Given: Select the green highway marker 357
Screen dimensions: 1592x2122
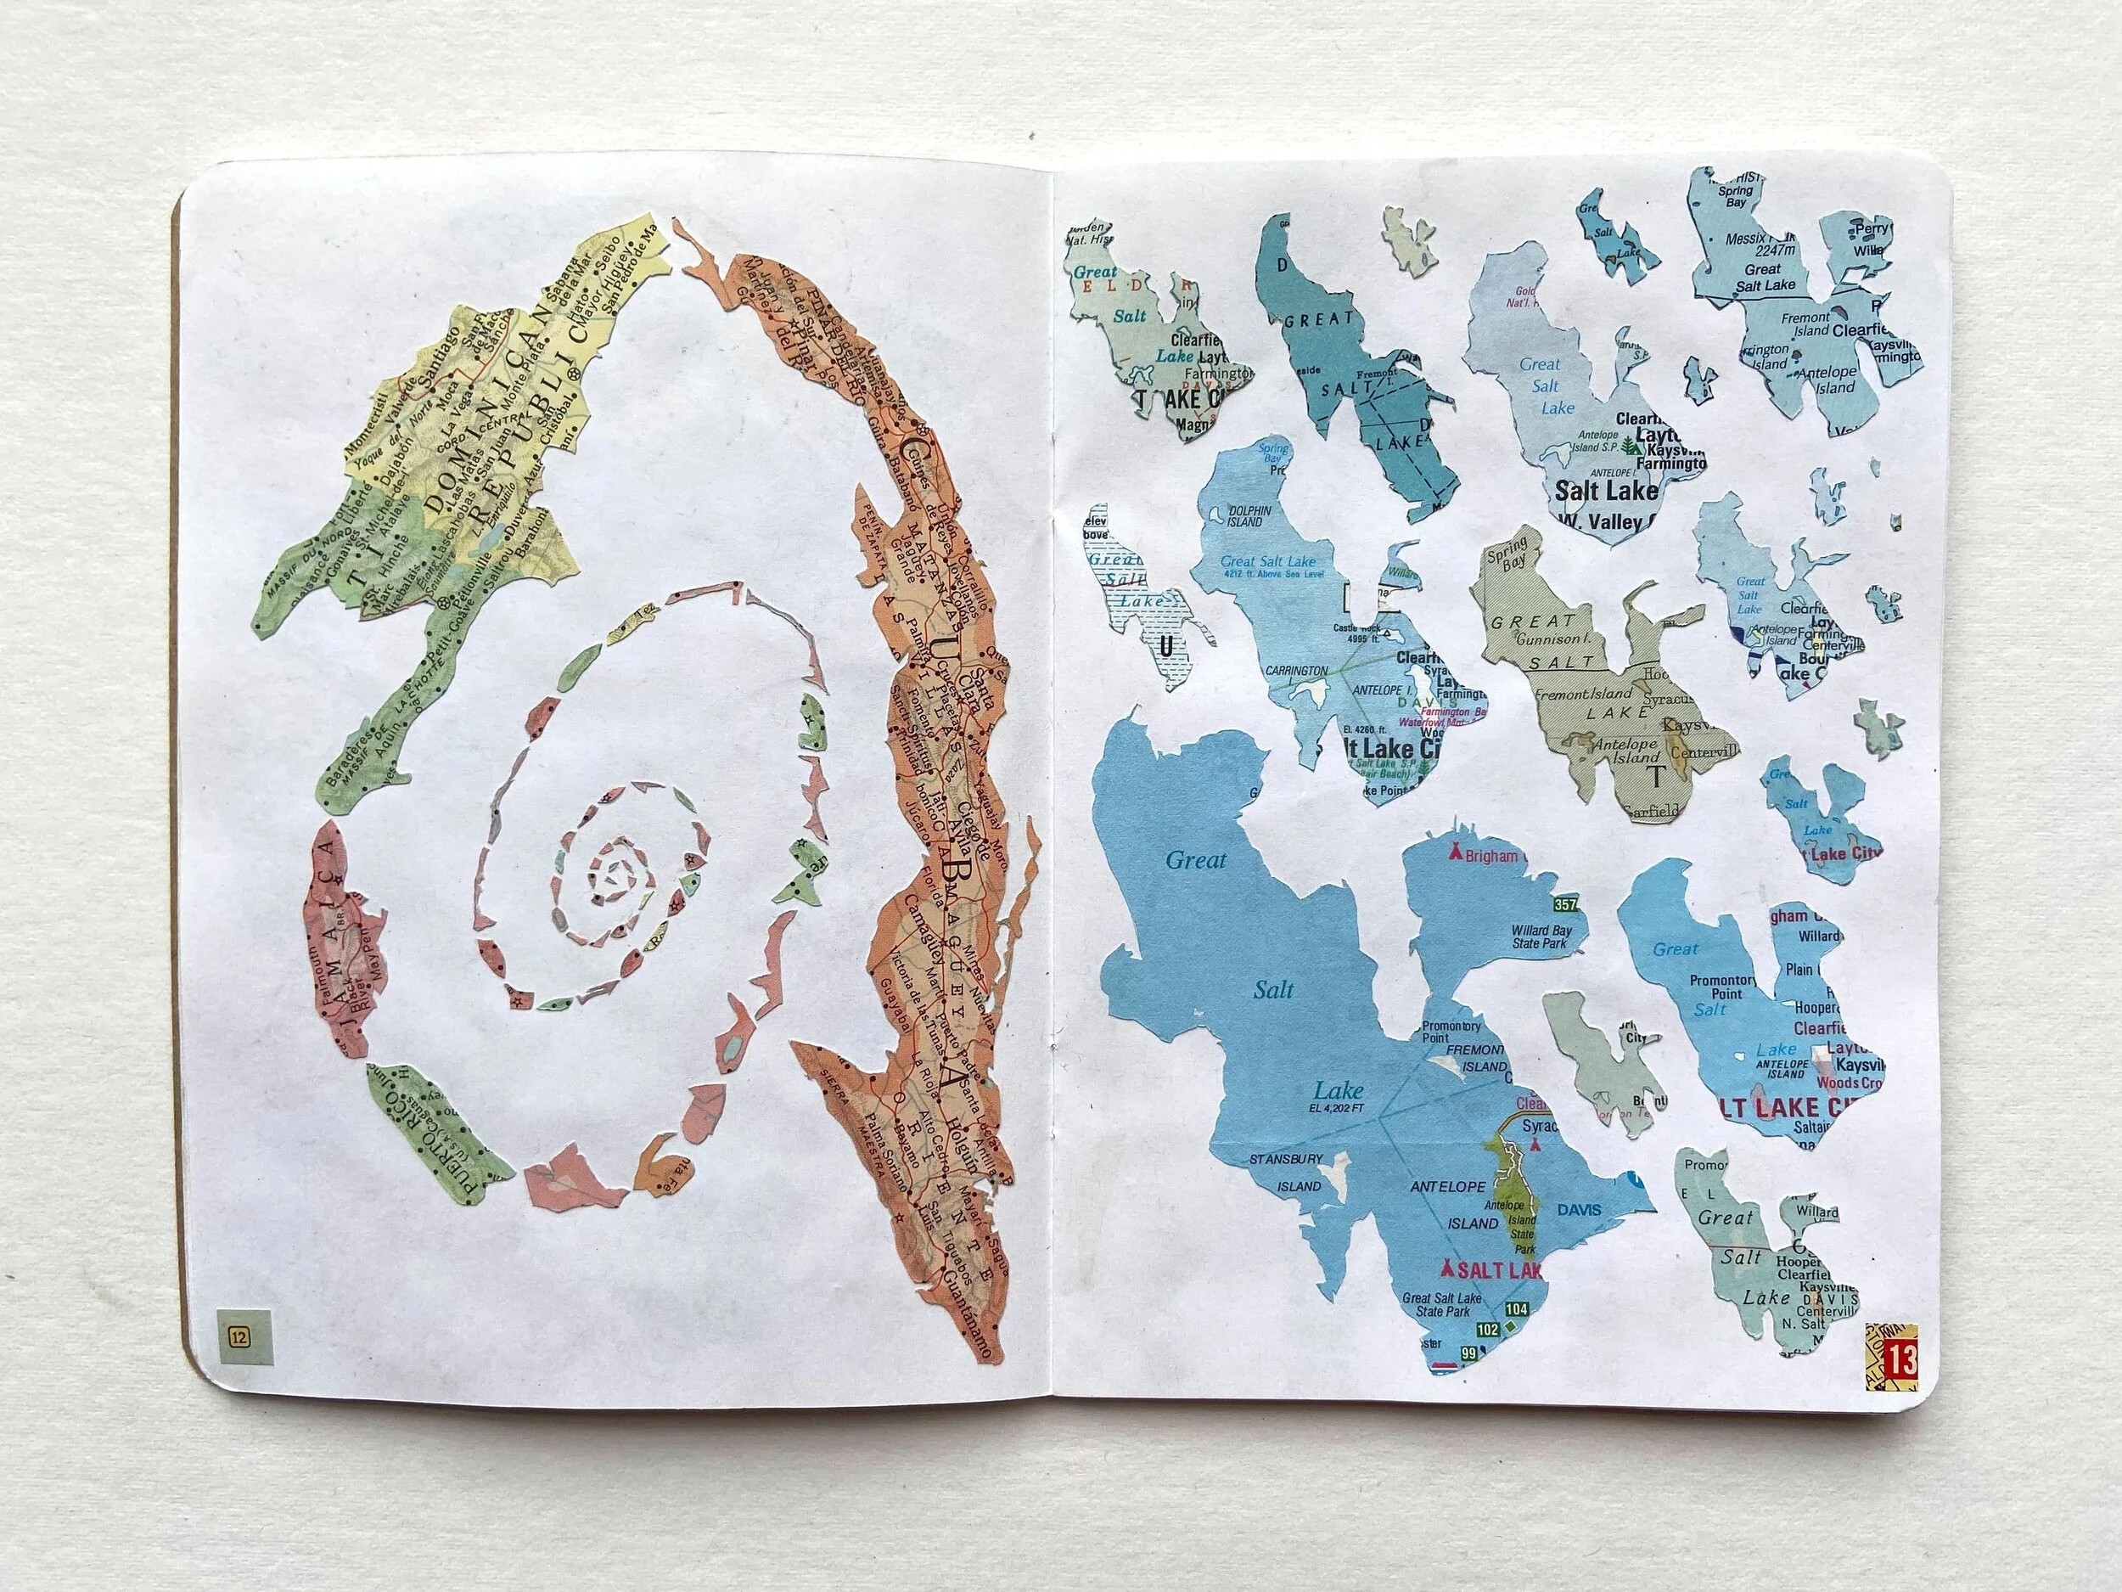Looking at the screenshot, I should tap(1565, 905).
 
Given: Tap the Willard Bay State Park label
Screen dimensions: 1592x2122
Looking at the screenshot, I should tap(1539, 937).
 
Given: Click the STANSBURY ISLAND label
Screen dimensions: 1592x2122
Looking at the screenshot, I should tap(1285, 1173).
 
